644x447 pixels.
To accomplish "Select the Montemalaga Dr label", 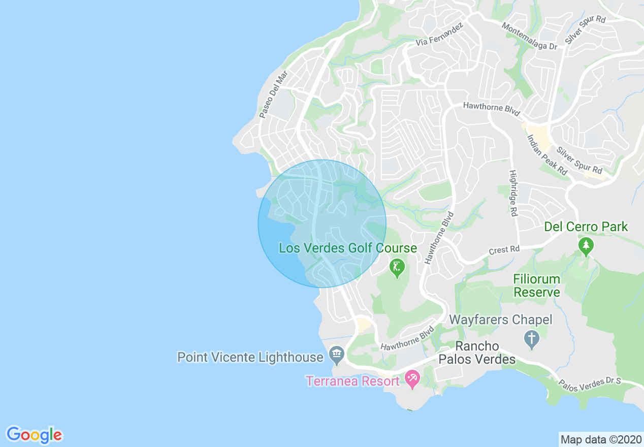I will tap(529, 36).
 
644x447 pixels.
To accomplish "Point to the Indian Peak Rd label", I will tap(547, 155).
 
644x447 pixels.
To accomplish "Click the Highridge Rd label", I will tap(513, 193).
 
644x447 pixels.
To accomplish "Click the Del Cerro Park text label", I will tap(586, 227).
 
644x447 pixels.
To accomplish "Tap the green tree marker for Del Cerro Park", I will tap(586, 246).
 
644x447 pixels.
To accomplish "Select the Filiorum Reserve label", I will tap(536, 285).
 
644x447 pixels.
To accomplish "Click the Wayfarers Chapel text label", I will tap(501, 320).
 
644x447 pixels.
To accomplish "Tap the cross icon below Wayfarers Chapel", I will tap(532, 339).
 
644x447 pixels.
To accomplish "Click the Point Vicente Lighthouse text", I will tap(250, 357).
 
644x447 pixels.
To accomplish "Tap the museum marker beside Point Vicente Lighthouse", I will tap(336, 354).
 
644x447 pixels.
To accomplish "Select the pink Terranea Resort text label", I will tap(352, 381).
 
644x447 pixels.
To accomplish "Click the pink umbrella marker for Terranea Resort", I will tap(412, 378).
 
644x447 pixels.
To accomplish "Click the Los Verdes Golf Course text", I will tap(348, 248).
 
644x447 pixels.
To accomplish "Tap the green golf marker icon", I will tap(397, 267).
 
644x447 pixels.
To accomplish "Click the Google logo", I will tap(35, 435).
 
